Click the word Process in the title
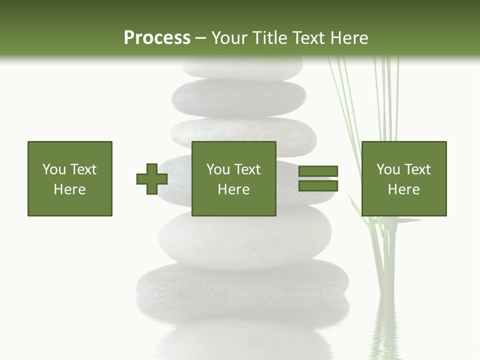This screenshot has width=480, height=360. tap(157, 38)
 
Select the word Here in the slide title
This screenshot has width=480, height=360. tap(349, 38)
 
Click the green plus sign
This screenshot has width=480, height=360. tap(152, 178)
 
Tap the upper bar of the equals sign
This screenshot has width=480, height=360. tap(318, 171)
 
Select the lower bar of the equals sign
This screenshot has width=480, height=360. tap(318, 186)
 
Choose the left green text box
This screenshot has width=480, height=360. tap(70, 178)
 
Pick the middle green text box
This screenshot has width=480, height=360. tap(234, 178)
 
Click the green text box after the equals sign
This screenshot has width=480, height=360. tap(404, 178)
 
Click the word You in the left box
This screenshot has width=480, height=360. tap(53, 169)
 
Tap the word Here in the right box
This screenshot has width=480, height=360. tap(404, 189)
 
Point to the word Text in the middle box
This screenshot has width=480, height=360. tap(247, 169)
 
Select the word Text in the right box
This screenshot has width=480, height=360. tap(417, 169)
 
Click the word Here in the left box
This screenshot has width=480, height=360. tap(70, 189)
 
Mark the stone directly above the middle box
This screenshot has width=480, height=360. tap(243, 132)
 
